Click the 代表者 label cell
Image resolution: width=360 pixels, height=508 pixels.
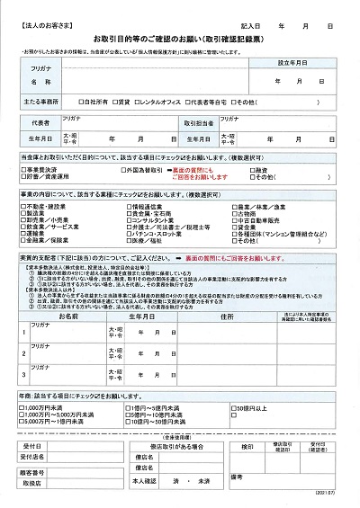[40, 122]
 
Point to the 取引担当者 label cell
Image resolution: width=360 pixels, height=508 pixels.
[199, 122]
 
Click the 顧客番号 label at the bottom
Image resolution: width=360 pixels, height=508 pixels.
[33, 471]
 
